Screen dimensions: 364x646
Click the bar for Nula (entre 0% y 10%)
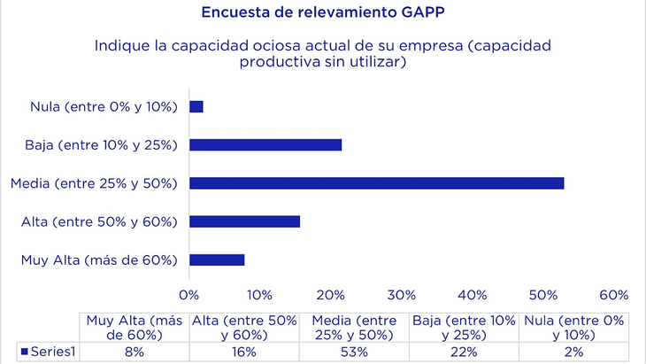click(196, 106)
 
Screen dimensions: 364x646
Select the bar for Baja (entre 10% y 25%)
click(265, 144)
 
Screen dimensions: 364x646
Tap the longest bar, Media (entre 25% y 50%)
click(376, 183)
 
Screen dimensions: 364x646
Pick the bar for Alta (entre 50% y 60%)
click(244, 221)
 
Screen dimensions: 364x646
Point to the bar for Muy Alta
click(217, 259)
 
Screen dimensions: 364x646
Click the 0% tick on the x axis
click(188, 295)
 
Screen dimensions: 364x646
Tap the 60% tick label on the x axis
click(613, 295)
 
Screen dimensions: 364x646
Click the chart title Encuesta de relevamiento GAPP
click(323, 12)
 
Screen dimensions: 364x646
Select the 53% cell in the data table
click(354, 352)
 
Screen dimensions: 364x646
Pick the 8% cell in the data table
click(135, 352)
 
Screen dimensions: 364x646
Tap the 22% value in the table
click(464, 352)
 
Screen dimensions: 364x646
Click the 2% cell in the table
click(573, 352)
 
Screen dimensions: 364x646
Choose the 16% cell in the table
click(244, 352)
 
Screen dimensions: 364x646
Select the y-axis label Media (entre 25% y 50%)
click(95, 183)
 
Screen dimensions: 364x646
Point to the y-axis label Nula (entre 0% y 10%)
click(104, 106)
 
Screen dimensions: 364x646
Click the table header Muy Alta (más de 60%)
click(135, 327)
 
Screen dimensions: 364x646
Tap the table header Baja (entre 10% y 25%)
click(464, 327)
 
